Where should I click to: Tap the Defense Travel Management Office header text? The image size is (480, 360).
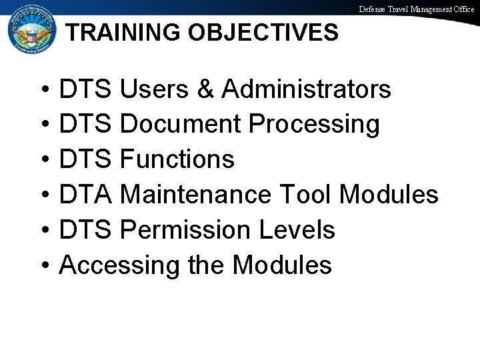point(417,9)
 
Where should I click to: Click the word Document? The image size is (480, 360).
point(187,124)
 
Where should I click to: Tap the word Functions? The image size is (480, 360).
point(179,159)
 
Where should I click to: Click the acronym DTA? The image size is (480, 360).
point(87,195)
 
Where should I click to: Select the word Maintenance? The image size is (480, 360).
point(197,195)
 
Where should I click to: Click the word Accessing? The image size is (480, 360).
point(119,265)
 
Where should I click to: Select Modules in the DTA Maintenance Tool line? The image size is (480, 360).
point(389,195)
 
